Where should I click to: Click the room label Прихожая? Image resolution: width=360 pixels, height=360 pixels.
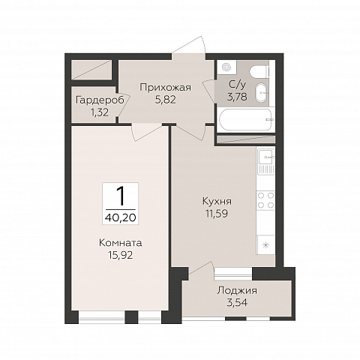[x=166, y=88]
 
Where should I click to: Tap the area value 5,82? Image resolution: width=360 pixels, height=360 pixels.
[x=166, y=100]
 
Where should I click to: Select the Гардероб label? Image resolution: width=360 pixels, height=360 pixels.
[x=100, y=100]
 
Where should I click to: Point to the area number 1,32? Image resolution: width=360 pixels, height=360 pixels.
[x=100, y=112]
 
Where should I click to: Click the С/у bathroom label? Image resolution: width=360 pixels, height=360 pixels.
[x=237, y=85]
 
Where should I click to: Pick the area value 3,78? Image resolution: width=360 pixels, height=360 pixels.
[x=237, y=97]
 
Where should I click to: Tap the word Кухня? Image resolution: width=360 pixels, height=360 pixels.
[x=217, y=202]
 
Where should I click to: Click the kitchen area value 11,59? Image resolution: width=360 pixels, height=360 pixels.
[x=217, y=214]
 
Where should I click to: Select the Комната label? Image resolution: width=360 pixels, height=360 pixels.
[x=121, y=243]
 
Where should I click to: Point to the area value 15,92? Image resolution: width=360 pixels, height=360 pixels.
[x=121, y=255]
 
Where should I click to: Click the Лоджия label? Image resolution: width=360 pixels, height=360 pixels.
[x=237, y=291]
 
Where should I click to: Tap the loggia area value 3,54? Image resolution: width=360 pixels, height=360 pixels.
[x=237, y=303]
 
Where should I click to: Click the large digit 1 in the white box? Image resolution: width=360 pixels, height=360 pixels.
[x=121, y=196]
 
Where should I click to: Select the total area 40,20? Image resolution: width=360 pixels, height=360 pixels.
[x=121, y=217]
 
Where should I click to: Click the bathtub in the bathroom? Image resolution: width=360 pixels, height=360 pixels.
[x=245, y=119]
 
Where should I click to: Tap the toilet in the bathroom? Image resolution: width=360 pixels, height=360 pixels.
[x=259, y=72]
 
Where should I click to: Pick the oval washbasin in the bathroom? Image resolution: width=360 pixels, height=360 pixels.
[x=261, y=92]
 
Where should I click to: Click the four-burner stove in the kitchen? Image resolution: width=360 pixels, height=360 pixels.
[x=265, y=200]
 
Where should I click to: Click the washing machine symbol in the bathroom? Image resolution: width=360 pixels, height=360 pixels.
[x=226, y=67]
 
